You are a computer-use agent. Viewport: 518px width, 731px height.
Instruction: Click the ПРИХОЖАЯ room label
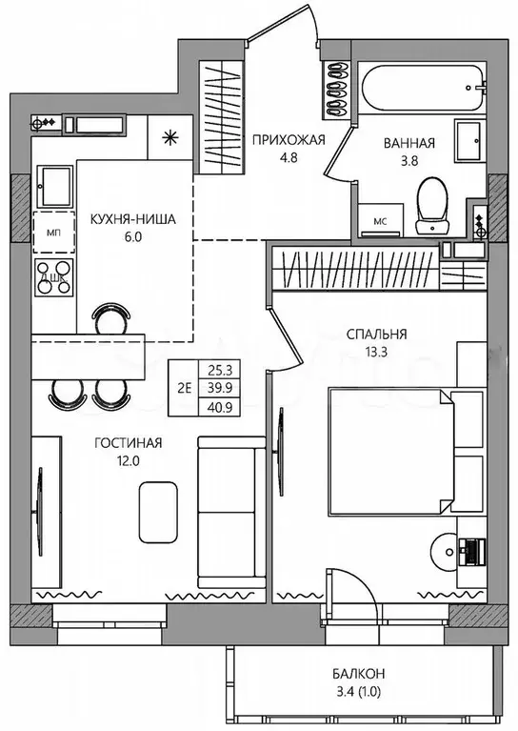coord(288,139)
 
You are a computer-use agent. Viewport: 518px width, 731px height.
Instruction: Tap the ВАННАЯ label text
coord(409,143)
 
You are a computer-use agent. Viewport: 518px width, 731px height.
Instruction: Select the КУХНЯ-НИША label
coord(132,219)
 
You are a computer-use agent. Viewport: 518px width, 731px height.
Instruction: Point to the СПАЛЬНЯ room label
coord(376,335)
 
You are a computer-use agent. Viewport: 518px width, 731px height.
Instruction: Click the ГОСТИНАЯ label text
coord(129,443)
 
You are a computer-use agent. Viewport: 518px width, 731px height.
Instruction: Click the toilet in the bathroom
coord(432,205)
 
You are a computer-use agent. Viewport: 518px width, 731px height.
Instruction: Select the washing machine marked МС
coord(381,219)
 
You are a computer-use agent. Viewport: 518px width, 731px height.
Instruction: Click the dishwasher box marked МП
coord(53,233)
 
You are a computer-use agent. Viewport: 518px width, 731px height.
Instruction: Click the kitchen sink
coord(55,187)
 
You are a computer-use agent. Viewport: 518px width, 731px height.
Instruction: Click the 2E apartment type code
coord(185,387)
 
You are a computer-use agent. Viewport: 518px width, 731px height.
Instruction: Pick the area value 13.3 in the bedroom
coord(376,352)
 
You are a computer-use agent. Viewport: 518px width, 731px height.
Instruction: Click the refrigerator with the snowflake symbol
coord(169,137)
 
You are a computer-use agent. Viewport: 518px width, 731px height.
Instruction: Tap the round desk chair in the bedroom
coord(444,552)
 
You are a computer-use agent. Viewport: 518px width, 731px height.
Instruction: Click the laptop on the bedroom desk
coord(472,552)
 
